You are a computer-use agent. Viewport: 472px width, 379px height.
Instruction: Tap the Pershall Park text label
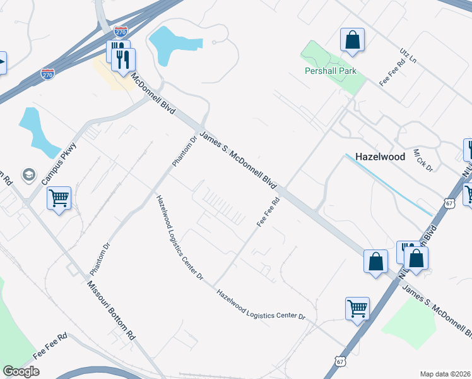[x=330, y=71]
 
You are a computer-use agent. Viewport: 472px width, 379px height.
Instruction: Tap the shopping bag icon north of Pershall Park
[x=352, y=40]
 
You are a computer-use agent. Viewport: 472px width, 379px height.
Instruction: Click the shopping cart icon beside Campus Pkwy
[x=59, y=198]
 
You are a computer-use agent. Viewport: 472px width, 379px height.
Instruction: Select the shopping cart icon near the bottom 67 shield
[x=357, y=309]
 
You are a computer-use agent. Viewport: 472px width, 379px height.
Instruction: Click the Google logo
[x=21, y=371]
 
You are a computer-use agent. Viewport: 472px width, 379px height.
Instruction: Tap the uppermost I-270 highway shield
[x=121, y=30]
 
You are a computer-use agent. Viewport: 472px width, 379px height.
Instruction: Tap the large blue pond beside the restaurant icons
[x=170, y=44]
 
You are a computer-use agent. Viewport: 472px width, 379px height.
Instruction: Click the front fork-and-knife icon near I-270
[x=124, y=60]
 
